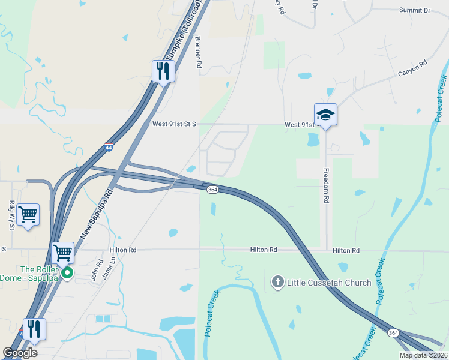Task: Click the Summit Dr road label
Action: (x=415, y=11)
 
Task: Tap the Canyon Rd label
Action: (x=412, y=68)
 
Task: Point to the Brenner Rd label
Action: (x=197, y=52)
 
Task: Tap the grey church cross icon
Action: (x=277, y=281)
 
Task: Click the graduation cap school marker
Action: (x=325, y=114)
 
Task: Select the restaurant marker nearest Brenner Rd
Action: (x=163, y=71)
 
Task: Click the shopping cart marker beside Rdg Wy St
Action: (x=28, y=214)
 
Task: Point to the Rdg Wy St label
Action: (x=11, y=215)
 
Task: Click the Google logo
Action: (x=20, y=353)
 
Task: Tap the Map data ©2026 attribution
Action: (x=423, y=354)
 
